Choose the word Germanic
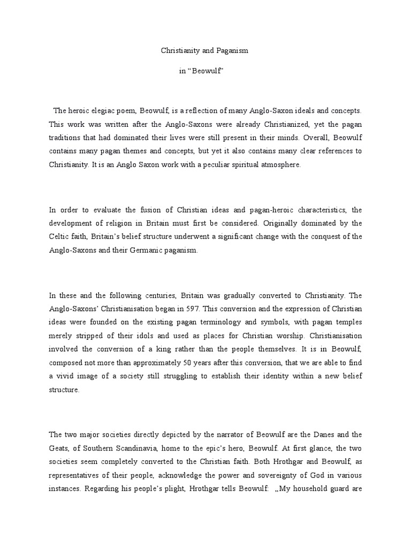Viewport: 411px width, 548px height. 144,250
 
